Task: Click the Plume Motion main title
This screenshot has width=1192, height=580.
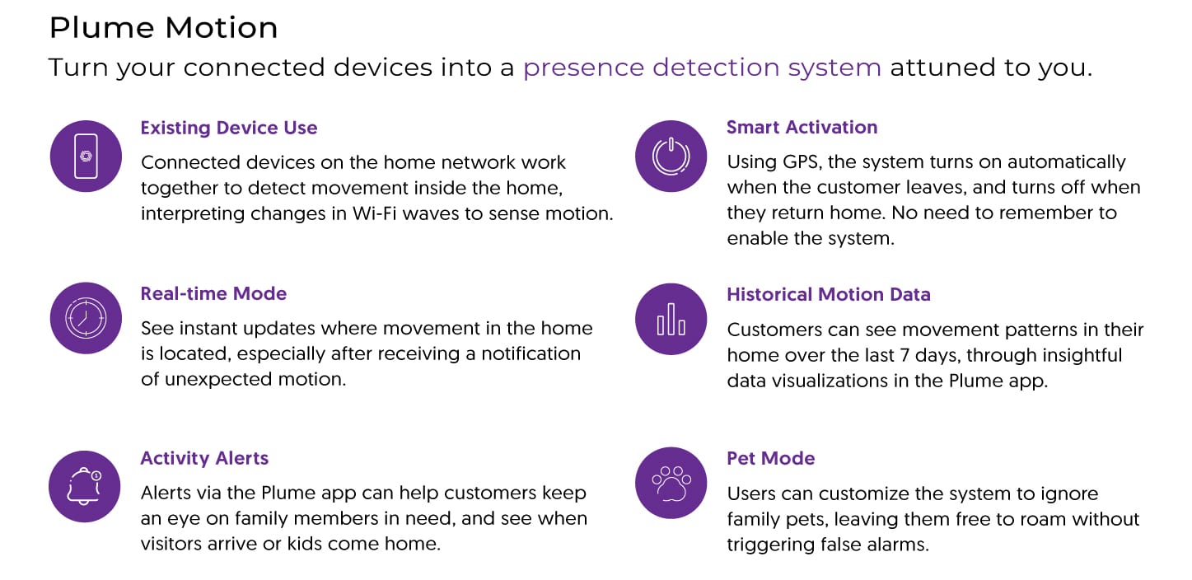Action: (163, 28)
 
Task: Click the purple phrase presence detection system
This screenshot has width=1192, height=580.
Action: (702, 68)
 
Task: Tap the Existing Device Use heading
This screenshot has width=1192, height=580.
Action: (229, 128)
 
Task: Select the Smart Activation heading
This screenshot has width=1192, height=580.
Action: (802, 127)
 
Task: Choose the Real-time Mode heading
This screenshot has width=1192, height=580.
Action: (213, 294)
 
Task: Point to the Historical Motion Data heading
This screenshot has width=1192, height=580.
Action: (828, 294)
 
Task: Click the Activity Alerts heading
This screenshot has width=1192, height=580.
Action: (204, 458)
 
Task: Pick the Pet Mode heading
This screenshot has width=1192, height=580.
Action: (770, 458)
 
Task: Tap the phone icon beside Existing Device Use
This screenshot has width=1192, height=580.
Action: (86, 156)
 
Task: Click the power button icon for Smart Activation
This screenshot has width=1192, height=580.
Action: (671, 156)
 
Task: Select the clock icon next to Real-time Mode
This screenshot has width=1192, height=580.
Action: (86, 318)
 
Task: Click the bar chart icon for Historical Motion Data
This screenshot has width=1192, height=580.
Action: (671, 319)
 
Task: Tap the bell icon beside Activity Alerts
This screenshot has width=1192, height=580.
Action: (86, 486)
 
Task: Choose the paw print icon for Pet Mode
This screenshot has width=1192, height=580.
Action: (671, 484)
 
